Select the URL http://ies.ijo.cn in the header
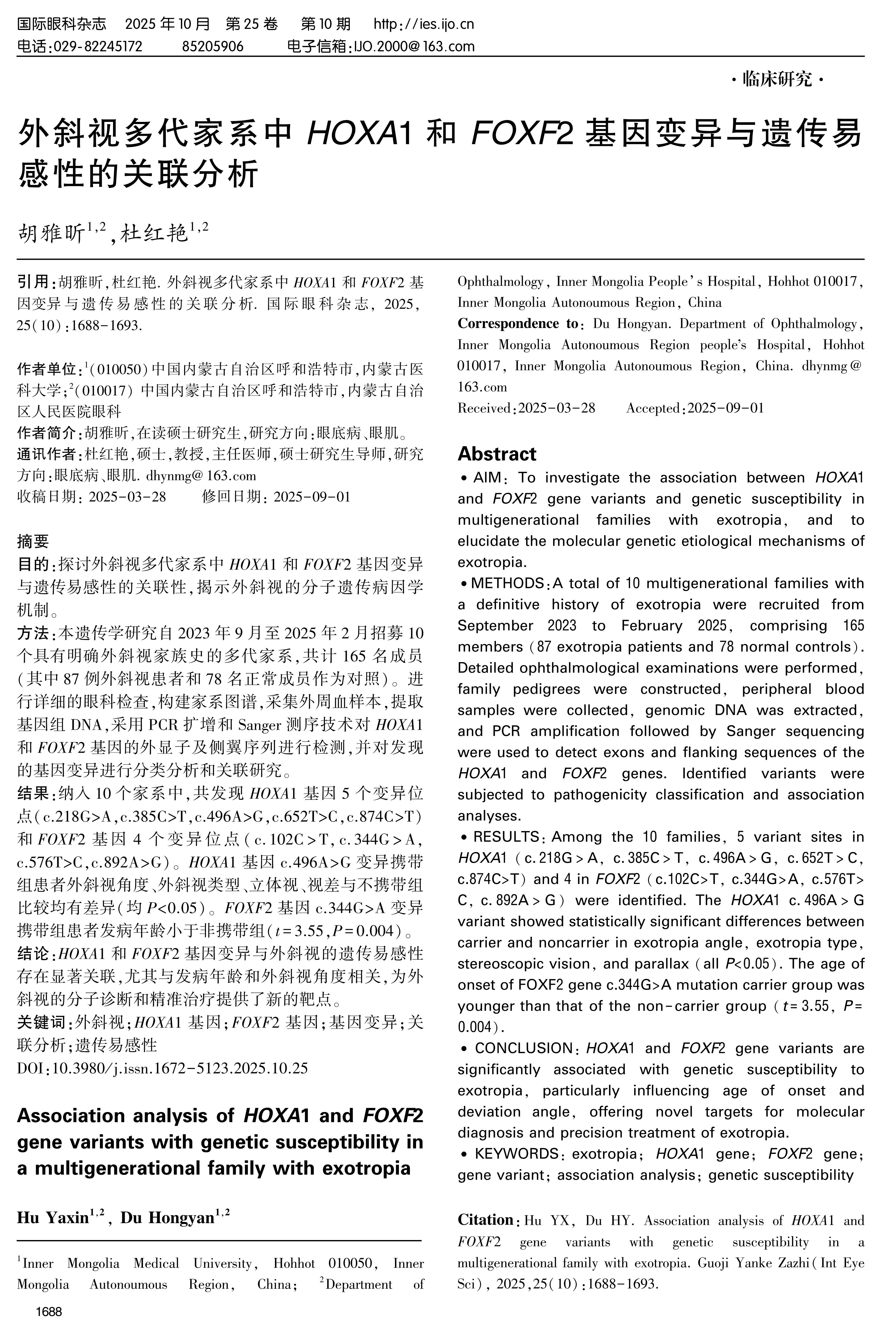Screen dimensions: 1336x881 pos(424,24)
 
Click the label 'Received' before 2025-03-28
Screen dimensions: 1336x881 pos(484,408)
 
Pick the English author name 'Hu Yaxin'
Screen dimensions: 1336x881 pos(53,1218)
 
